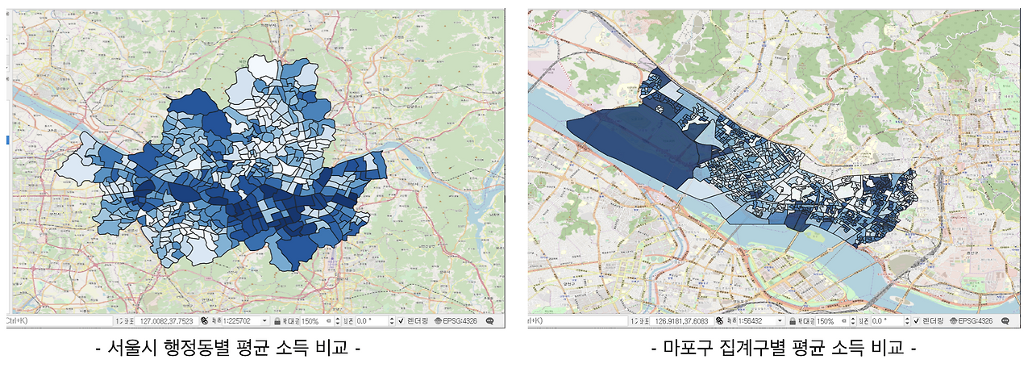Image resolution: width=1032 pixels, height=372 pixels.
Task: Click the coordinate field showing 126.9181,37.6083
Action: pyautogui.click(x=689, y=320)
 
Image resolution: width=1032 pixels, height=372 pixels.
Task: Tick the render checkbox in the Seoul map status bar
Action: pyautogui.click(x=400, y=320)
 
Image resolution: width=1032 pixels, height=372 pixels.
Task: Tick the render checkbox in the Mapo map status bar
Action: pyautogui.click(x=917, y=320)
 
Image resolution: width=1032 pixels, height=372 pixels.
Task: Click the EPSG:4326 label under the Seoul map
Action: pyautogui.click(x=460, y=320)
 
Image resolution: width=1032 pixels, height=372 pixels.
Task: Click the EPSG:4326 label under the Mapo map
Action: pyautogui.click(x=976, y=320)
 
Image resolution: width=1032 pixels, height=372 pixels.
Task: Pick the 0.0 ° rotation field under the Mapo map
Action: pyautogui.click(x=884, y=320)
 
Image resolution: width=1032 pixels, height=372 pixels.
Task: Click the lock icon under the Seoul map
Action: pyautogui.click(x=276, y=320)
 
